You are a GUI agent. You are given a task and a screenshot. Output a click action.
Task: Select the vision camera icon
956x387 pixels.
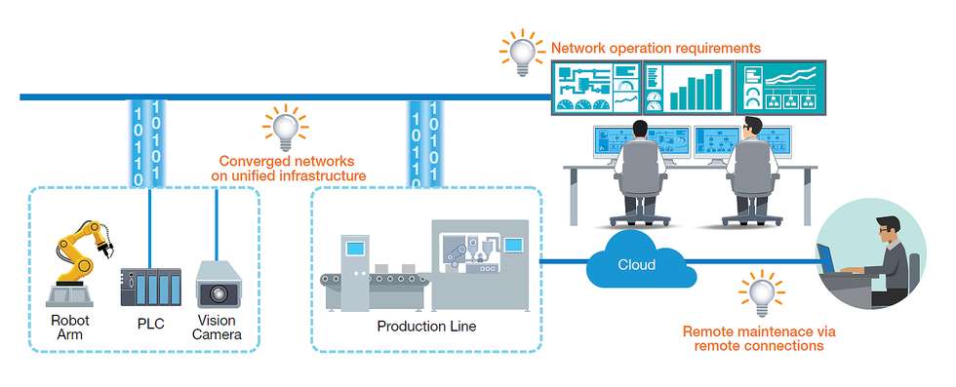216,284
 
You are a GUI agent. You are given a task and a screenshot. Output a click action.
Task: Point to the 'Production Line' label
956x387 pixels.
426,327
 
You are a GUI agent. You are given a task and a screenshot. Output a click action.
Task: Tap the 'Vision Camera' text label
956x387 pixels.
217,327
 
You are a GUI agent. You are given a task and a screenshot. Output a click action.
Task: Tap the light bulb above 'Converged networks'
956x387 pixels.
285,127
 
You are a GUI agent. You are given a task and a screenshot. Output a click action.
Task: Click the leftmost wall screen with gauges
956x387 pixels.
596,88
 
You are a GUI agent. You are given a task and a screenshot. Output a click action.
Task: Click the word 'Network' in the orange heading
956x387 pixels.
575,47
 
